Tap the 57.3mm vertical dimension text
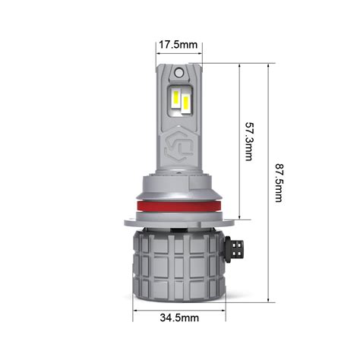tap(248, 141)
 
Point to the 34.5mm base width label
tap(179, 317)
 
